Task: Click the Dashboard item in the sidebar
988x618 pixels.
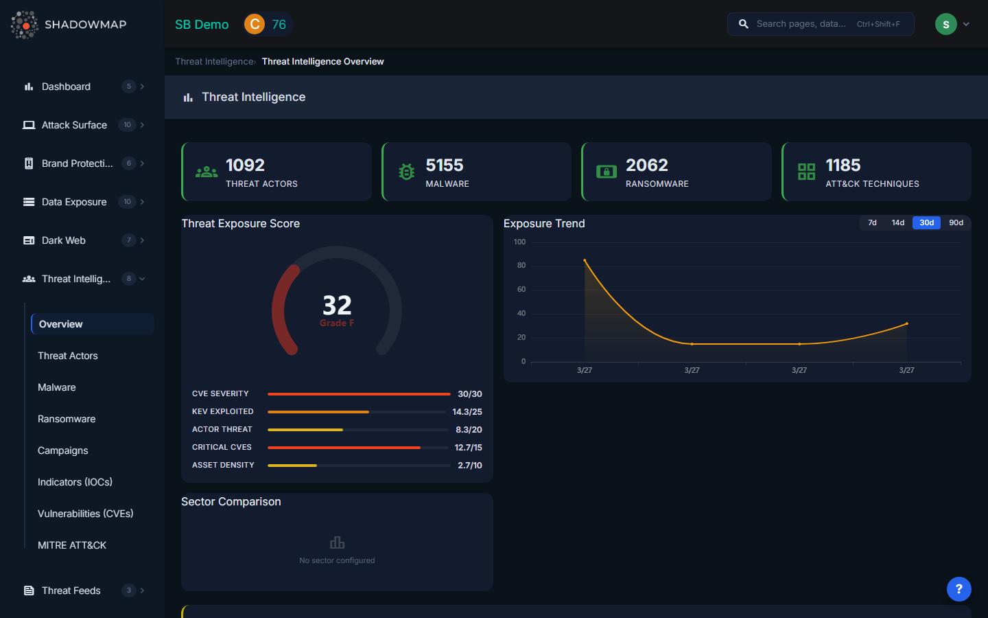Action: (66, 87)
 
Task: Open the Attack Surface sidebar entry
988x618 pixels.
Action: (74, 125)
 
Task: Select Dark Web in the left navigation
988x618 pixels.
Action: (63, 240)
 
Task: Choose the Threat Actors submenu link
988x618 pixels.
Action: (68, 356)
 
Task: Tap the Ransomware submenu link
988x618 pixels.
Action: (67, 419)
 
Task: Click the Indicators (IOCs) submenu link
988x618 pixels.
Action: (75, 482)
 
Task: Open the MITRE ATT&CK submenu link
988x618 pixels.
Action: (72, 545)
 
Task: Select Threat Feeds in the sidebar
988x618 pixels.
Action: (71, 591)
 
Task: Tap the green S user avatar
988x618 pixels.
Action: (945, 24)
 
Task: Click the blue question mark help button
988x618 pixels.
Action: (958, 588)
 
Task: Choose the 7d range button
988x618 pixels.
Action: (872, 222)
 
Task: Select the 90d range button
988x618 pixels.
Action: (956, 222)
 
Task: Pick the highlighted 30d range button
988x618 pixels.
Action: (926, 222)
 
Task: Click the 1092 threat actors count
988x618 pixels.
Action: (245, 165)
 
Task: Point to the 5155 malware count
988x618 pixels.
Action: (445, 165)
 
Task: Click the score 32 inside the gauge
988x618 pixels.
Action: (337, 305)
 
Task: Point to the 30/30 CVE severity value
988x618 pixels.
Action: (469, 394)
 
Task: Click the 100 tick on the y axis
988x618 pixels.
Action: (519, 242)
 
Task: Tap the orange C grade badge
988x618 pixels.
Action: (255, 24)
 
